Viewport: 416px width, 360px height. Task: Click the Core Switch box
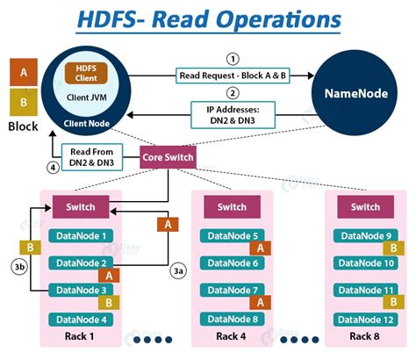tap(168, 158)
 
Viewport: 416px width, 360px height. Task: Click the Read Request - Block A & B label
tap(232, 76)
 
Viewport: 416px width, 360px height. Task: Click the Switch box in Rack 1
tap(85, 207)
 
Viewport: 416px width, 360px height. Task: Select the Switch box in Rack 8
tap(365, 207)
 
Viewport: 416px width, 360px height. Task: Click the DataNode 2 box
tap(82, 263)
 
